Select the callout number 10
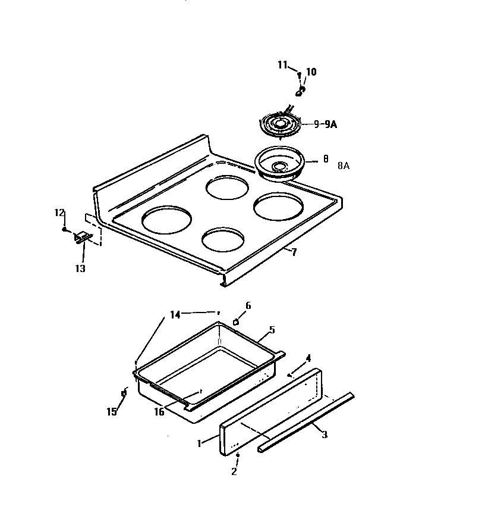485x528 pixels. [311, 73]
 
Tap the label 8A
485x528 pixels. [344, 166]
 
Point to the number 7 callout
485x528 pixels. [294, 252]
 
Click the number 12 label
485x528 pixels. [59, 213]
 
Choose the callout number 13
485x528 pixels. [80, 268]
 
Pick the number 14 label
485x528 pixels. [175, 315]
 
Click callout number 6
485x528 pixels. [248, 305]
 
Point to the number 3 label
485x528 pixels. [324, 435]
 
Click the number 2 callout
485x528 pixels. [234, 471]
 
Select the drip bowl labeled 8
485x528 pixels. [279, 163]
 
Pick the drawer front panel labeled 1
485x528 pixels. [270, 411]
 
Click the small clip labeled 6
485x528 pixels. [236, 321]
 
